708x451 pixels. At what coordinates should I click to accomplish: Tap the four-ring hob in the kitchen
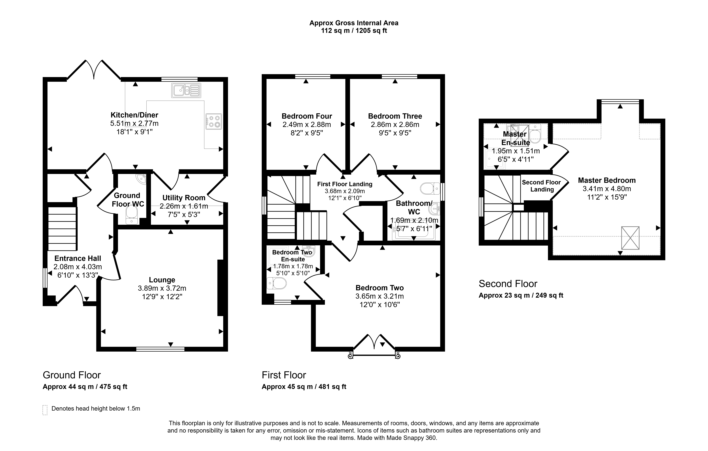point(214,121)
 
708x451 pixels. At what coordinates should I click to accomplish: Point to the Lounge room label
point(162,280)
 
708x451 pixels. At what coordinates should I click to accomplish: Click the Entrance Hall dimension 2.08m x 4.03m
point(78,267)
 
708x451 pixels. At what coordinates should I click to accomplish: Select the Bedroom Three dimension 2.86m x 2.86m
point(395,124)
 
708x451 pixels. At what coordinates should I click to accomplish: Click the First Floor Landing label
point(345,184)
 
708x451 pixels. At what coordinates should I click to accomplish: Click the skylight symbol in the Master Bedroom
point(630,238)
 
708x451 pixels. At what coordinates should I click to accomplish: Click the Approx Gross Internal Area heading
point(354,23)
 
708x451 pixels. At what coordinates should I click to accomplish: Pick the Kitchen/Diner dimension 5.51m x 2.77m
point(134,123)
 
